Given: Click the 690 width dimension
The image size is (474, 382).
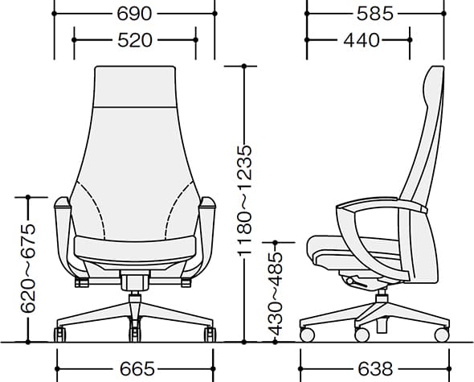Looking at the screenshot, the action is coord(134,14).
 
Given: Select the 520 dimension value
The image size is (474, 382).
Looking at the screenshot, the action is coord(134,40).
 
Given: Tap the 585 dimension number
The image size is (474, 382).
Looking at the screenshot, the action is coord(375,14).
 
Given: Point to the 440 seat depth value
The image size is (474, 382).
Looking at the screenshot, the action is coord(361,40).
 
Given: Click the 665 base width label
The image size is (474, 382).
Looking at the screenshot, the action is coord(137,369).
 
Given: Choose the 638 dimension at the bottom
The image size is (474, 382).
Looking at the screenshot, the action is coord(375,369).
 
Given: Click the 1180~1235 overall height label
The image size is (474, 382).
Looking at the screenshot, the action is coord(244,200).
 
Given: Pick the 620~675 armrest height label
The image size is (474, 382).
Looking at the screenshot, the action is coord(28,268).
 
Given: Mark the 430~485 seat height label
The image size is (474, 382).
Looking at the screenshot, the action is coord(276,294).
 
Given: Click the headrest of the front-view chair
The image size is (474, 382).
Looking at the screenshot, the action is coord(135,87).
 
